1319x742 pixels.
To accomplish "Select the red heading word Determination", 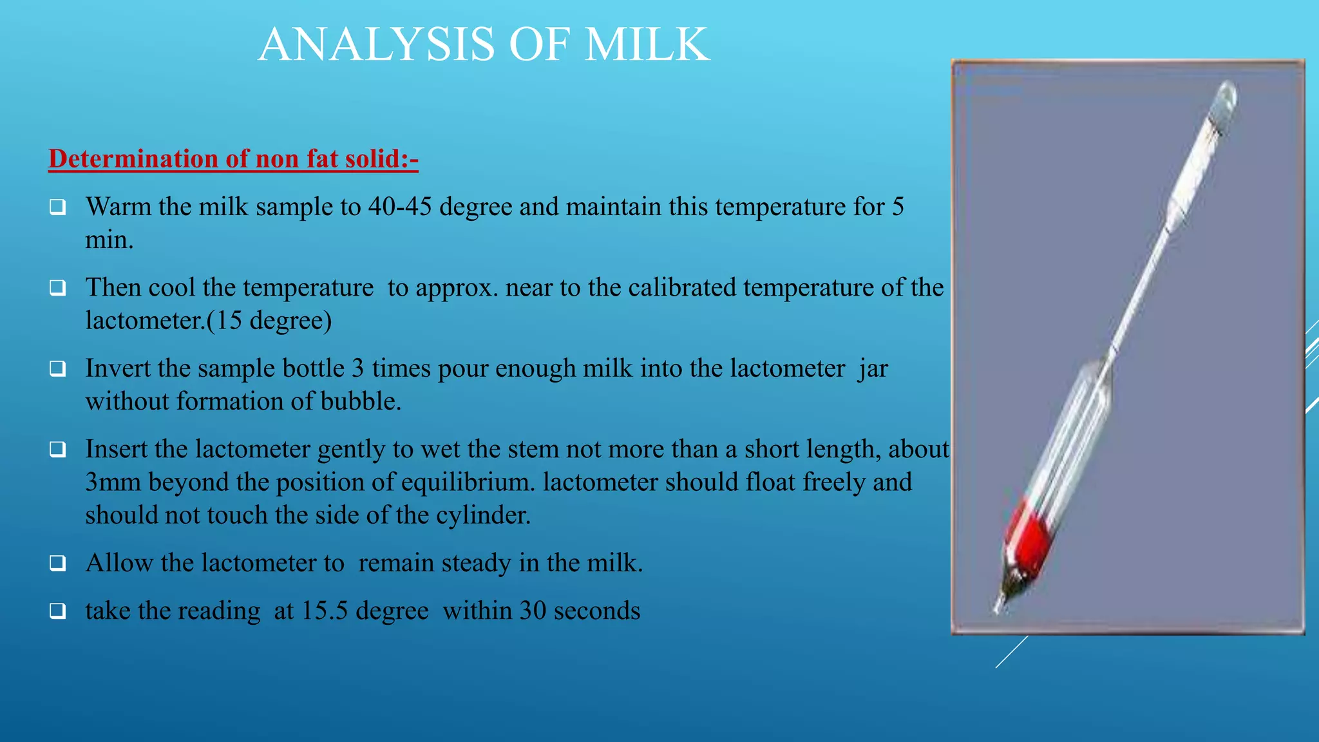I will click(x=133, y=158).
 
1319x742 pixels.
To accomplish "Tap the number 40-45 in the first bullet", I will click(x=400, y=207).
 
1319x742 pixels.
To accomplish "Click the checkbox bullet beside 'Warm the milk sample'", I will click(x=58, y=207).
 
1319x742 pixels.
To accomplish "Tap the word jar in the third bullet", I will click(x=873, y=368).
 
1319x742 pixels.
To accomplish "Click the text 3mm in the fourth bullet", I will click(x=113, y=482).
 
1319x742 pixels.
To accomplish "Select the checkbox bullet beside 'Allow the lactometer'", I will click(x=58, y=563).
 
